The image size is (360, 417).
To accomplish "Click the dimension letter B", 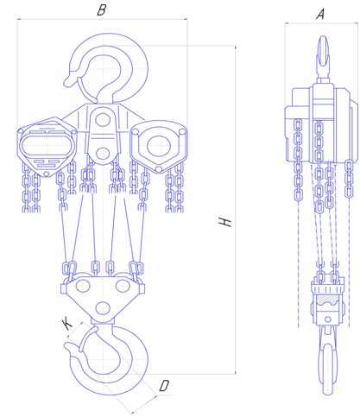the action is coord(102,9).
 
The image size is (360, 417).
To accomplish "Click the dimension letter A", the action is coord(320,14).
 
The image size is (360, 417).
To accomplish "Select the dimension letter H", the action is coord(225,222).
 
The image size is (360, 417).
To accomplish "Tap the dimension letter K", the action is coord(67,324).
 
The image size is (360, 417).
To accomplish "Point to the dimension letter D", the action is coord(164,386).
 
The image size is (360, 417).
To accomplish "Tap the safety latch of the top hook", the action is coord(85,89).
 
